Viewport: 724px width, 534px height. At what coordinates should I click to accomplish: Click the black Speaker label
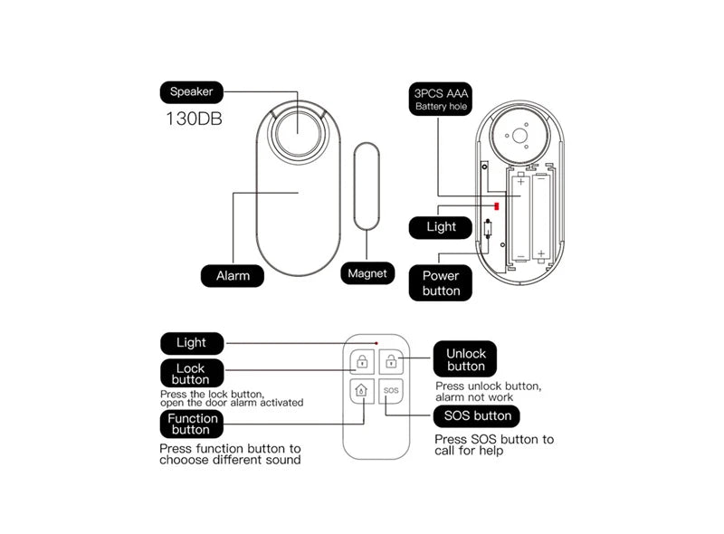point(191,91)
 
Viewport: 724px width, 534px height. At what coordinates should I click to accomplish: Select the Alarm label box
point(233,275)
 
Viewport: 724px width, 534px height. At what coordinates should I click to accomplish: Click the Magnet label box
point(367,273)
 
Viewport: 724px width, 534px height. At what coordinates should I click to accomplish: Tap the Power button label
point(441,283)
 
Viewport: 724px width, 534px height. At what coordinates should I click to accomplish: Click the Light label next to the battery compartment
point(441,227)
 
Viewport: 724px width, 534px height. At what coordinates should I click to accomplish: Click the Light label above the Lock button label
point(191,343)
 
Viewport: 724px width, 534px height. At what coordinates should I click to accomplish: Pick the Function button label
point(193,424)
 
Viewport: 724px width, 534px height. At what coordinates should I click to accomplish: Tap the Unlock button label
point(465,359)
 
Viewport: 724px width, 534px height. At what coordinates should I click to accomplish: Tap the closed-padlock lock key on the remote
point(361,363)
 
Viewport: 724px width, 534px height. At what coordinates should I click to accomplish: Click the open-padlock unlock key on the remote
point(391,363)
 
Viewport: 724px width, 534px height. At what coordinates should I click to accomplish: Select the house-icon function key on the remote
point(361,392)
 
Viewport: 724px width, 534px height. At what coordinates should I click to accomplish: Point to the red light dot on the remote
point(376,344)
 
